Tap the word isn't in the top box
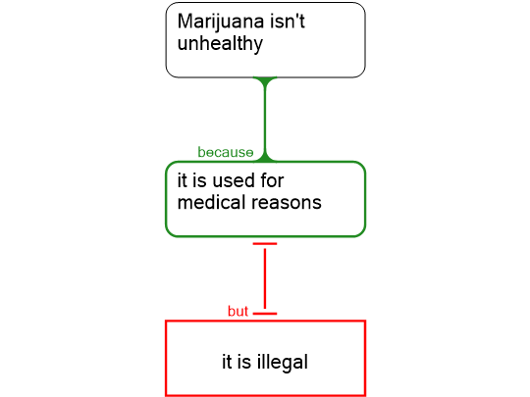click(x=288, y=21)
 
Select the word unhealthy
click(x=220, y=44)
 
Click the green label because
click(x=226, y=152)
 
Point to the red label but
click(x=238, y=311)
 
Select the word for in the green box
click(x=272, y=180)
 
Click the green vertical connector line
click(x=265, y=120)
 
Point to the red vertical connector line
click(x=265, y=278)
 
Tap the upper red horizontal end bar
click(x=265, y=244)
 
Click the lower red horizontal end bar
click(x=265, y=314)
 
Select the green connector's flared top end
click(x=265, y=79)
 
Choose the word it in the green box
click(x=183, y=180)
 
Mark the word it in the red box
click(x=227, y=362)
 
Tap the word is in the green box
click(x=199, y=180)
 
